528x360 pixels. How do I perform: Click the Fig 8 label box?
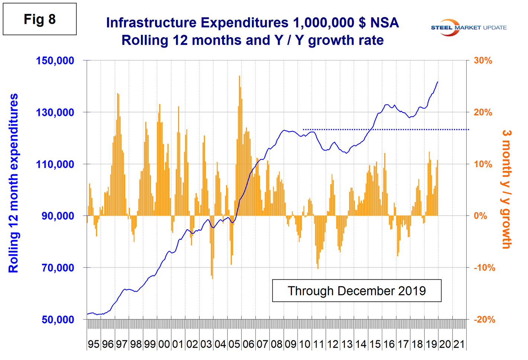click(40, 19)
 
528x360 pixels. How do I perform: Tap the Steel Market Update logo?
click(468, 27)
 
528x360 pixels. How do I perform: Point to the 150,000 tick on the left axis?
click(55, 61)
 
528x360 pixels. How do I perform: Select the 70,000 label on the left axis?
click(58, 268)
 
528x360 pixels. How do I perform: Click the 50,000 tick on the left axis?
click(58, 320)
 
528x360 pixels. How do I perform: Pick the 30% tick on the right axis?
click(483, 61)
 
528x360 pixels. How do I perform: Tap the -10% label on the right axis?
click(484, 268)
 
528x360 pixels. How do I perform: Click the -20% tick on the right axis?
click(484, 320)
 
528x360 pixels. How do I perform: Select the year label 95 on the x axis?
click(94, 344)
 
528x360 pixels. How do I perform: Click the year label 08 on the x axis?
click(276, 344)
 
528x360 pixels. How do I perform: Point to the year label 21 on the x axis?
click(459, 344)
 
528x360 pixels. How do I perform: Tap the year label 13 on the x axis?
click(347, 344)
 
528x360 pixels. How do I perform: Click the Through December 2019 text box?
click(357, 291)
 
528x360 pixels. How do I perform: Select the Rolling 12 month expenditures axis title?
click(13, 183)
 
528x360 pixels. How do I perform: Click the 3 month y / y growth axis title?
click(506, 189)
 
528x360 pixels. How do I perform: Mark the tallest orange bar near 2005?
click(239, 76)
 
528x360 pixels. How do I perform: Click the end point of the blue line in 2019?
click(438, 82)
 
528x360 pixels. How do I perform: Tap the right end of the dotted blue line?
click(469, 130)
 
